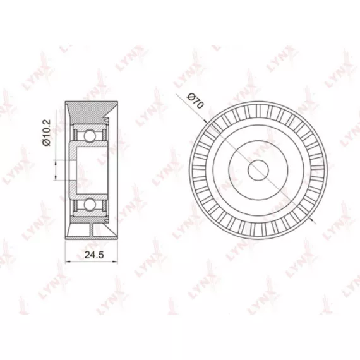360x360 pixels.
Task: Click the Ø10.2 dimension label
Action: click(46, 132)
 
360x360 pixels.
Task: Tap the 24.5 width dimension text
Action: click(94, 255)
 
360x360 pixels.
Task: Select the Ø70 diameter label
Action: click(195, 100)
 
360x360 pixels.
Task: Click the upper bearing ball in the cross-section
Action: click(90, 136)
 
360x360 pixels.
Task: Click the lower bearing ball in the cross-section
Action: click(90, 205)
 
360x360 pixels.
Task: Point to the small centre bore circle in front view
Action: click(258, 170)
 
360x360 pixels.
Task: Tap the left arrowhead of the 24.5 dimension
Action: click(68, 261)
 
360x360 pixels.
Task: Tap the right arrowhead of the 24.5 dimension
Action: click(115, 261)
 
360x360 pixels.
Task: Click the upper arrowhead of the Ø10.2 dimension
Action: click(56, 162)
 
